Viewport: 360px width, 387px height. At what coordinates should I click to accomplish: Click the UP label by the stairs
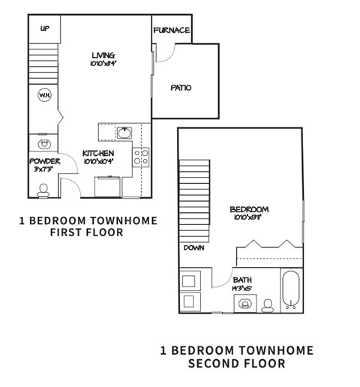[x=44, y=28]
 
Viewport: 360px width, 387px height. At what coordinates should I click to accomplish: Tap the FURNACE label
[x=171, y=30]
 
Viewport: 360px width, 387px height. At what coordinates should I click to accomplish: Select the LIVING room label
[x=103, y=55]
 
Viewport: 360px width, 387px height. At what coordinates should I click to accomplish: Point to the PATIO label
[x=181, y=87]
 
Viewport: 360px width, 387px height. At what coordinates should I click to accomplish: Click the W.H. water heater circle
[x=44, y=95]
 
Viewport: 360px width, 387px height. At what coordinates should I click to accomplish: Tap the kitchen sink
[x=124, y=133]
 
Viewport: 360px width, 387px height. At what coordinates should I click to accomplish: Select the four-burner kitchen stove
[x=140, y=157]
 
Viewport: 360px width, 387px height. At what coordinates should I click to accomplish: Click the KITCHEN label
[x=98, y=153]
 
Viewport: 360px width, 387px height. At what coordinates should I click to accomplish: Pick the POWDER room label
[x=43, y=161]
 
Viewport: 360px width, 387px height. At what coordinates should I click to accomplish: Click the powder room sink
[x=43, y=142]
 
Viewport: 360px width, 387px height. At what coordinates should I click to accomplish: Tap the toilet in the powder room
[x=42, y=190]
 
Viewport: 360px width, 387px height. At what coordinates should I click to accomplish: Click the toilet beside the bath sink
[x=267, y=304]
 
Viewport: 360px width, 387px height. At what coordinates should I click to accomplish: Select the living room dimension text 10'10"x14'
[x=103, y=64]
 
